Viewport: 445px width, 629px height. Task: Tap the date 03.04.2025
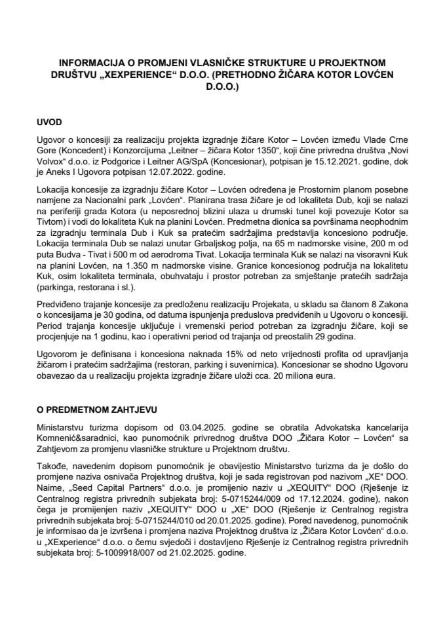tap(182, 426)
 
